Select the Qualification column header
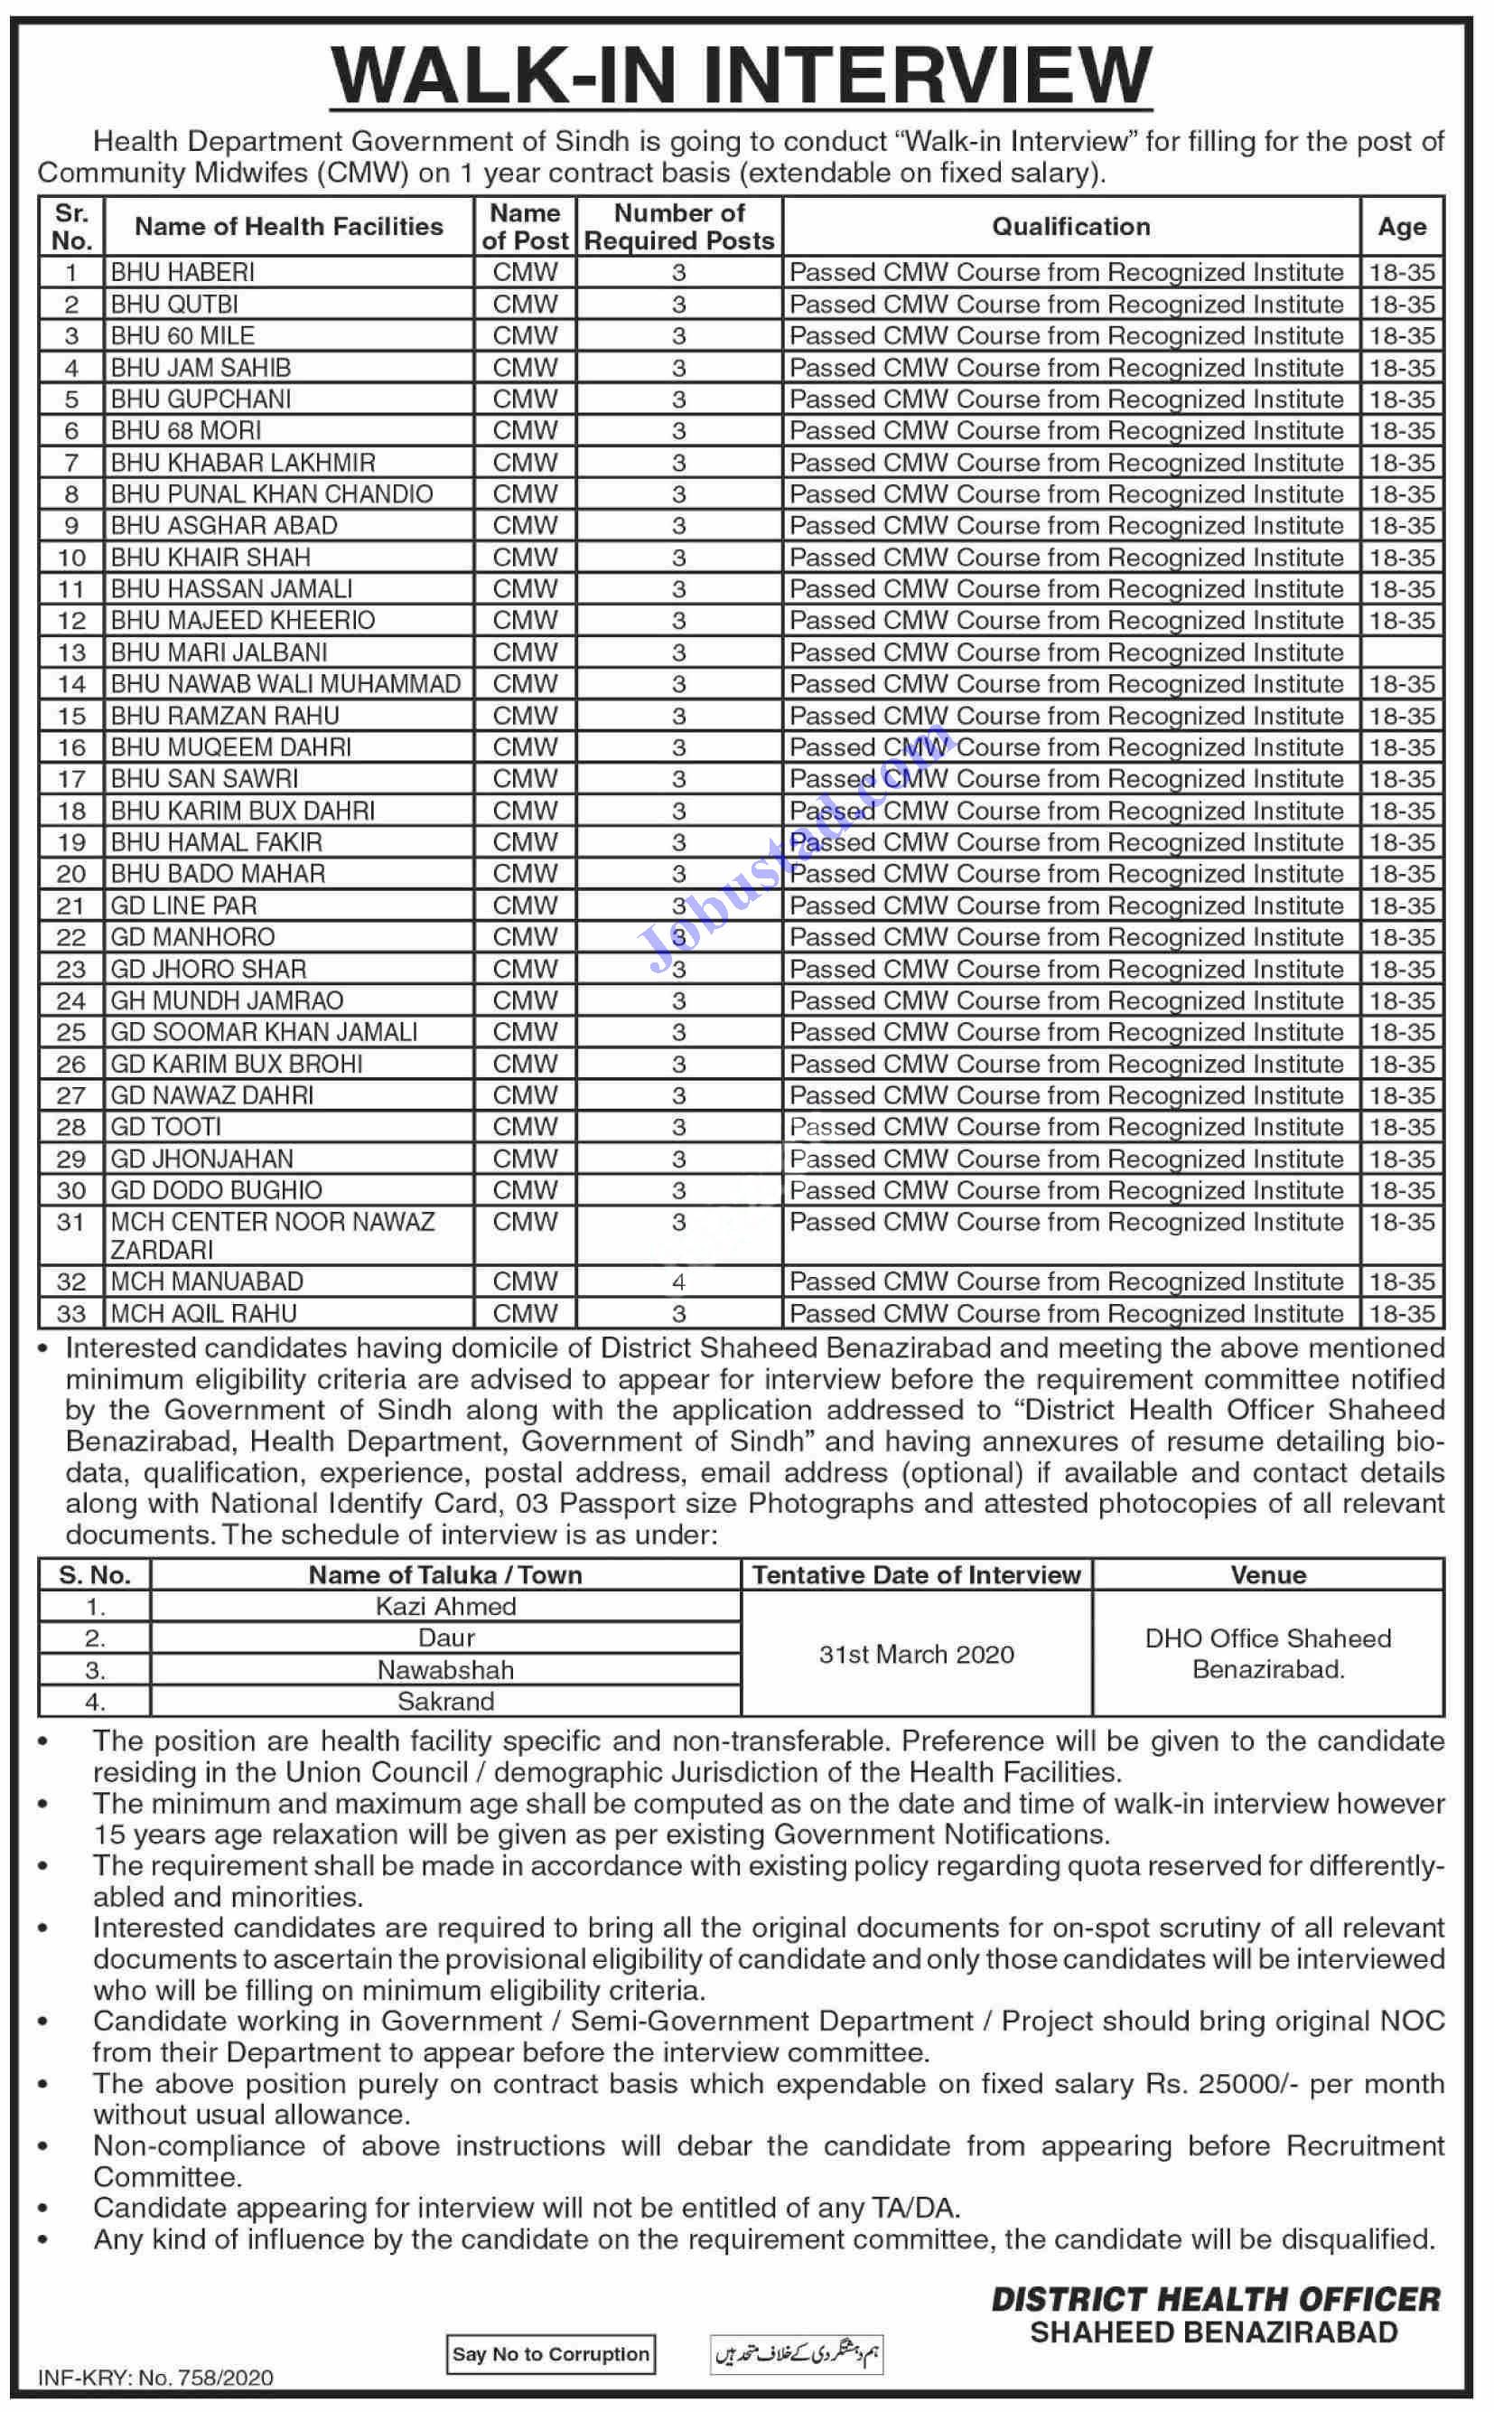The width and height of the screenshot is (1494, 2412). [1071, 226]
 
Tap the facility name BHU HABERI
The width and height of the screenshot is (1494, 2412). [182, 272]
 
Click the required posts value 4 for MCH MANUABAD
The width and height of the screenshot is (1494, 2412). [679, 1282]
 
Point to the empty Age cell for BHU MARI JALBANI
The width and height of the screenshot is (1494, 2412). [1402, 652]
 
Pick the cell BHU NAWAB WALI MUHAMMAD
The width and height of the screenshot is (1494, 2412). [285, 684]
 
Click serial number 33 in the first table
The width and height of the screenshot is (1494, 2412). [71, 1314]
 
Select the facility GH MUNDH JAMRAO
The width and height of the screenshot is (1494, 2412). [228, 1000]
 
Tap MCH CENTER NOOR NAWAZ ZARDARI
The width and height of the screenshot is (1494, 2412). [273, 1234]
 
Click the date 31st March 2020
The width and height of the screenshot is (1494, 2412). [916, 1655]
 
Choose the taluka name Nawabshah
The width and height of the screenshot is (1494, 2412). [445, 1671]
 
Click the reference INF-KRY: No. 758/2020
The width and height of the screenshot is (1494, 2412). [155, 2379]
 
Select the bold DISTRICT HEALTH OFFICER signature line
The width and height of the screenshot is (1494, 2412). [1216, 2299]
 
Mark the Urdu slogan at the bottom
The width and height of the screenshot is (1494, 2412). [798, 2355]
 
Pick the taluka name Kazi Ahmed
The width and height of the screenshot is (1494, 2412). [445, 1607]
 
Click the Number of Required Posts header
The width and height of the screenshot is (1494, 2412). [679, 226]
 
